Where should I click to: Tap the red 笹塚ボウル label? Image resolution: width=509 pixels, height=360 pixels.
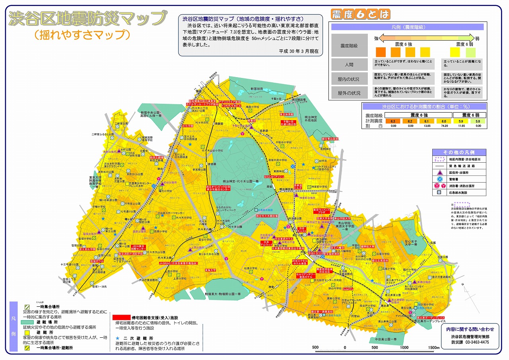(x=97, y=261)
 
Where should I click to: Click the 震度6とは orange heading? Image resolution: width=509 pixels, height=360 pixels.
(x=360, y=15)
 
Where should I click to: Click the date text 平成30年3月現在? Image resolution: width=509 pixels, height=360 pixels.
(x=298, y=52)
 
